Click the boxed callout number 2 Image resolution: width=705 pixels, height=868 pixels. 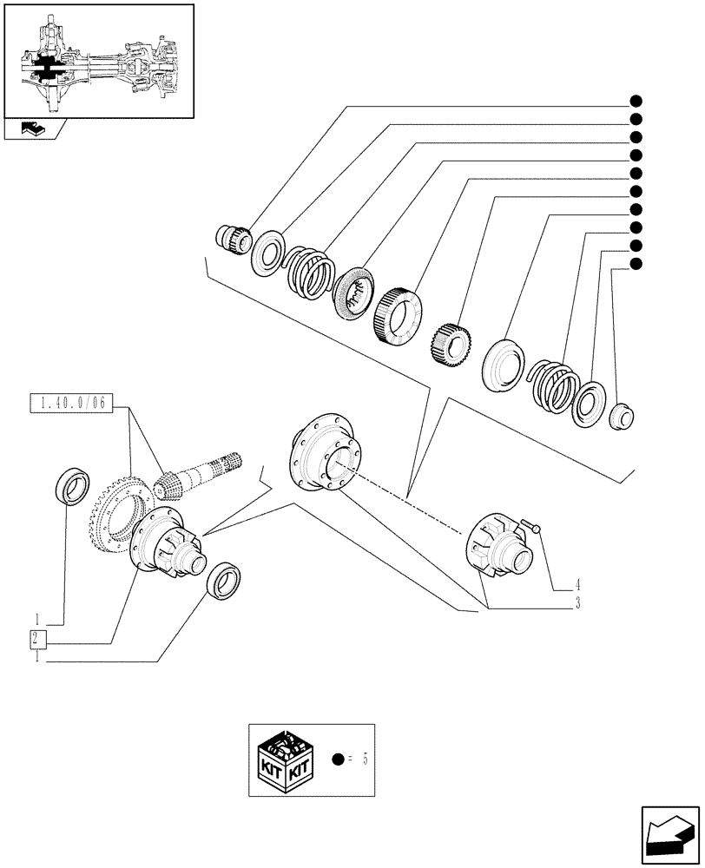point(37,641)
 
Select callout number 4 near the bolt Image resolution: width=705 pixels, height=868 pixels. point(577,585)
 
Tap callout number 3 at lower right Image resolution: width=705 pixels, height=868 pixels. point(577,603)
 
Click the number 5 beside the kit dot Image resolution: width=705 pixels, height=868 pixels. point(366,759)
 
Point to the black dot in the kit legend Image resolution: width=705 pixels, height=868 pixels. point(339,759)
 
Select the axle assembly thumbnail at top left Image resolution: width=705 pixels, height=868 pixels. point(98,61)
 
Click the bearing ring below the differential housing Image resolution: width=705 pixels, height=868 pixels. point(224,579)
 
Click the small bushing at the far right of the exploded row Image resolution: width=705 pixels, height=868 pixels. point(623,417)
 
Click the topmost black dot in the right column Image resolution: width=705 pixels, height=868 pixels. point(636,100)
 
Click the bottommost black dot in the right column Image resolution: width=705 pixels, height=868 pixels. point(636,264)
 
